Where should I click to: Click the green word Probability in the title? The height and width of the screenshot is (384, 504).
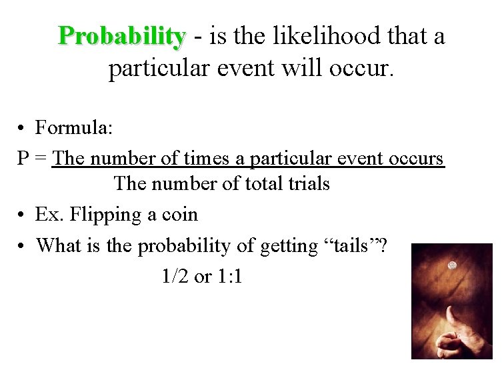click(x=121, y=37)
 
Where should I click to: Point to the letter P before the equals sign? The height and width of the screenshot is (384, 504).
click(x=23, y=159)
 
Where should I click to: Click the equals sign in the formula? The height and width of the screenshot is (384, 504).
click(x=41, y=159)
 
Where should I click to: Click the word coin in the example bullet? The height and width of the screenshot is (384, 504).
click(x=180, y=215)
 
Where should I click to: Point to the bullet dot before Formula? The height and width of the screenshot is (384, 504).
click(x=23, y=128)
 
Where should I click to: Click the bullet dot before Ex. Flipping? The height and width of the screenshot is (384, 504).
click(x=23, y=215)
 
